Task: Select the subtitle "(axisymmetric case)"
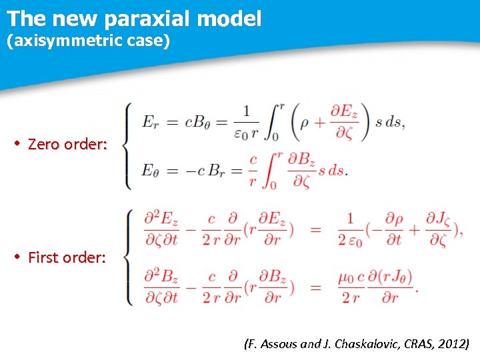click(x=89, y=41)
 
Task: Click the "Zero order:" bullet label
click(x=67, y=144)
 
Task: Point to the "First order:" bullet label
click(x=67, y=257)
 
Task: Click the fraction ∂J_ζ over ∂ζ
click(x=436, y=228)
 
